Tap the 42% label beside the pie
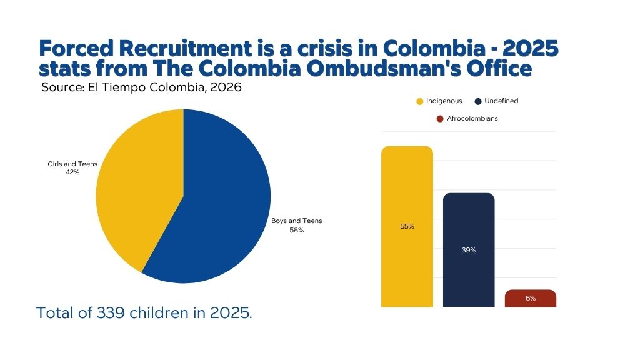coord(72,172)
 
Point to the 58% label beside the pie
coord(296,230)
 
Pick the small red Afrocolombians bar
coord(530,298)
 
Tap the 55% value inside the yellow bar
coord(407,226)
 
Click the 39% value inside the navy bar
coord(469,250)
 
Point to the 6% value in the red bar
coord(530,298)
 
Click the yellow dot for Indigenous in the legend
coord(420,101)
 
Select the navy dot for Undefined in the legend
coord(478,101)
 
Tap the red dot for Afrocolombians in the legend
coord(441,119)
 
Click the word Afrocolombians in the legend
coord(472,118)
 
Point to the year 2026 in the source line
coord(226,87)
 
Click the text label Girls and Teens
coord(72,164)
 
